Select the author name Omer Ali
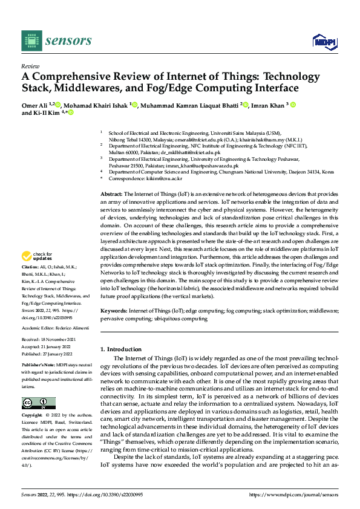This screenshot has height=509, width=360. tap(33, 105)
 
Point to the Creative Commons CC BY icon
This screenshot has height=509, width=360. tap(38, 403)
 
